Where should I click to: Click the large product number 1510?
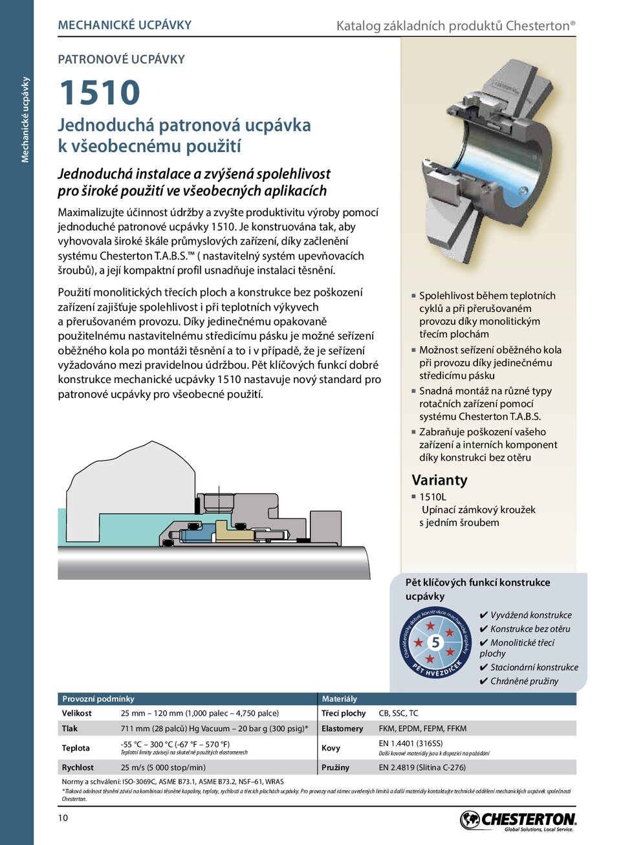100,93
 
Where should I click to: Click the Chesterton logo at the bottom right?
518,820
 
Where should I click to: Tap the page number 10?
63,818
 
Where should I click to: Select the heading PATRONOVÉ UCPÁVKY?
121,60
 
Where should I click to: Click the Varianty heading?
439,480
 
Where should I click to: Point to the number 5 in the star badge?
435,642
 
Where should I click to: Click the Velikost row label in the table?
76,713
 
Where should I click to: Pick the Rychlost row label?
78,767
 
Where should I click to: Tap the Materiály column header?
339,699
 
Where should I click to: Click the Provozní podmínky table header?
98,699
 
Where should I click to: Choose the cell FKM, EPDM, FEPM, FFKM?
422,729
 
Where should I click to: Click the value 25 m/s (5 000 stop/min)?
163,767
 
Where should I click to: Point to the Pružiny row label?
335,767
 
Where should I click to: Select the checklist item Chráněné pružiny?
524,681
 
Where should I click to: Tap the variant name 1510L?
432,497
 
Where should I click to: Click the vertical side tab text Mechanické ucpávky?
25,120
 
